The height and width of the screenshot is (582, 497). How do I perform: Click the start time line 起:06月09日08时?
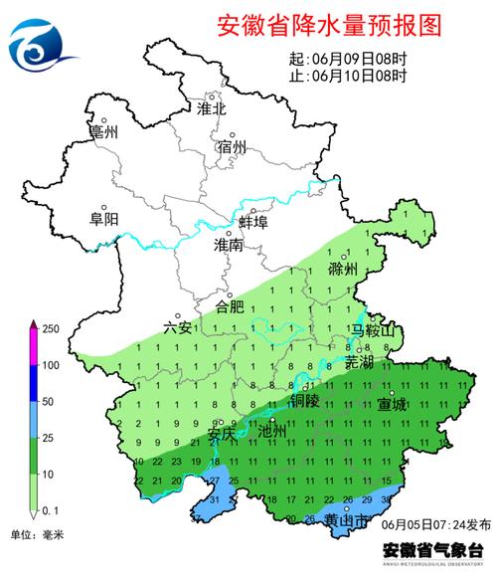347,59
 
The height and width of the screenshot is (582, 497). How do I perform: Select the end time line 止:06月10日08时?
347,76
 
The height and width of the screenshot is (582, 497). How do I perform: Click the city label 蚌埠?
254,222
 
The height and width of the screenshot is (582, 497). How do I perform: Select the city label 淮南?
228,244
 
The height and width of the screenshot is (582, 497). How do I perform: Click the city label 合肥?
230,305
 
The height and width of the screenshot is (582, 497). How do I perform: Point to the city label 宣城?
392,405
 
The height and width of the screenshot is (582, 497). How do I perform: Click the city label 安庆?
223,434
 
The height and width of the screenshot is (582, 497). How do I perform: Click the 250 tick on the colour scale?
51,329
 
